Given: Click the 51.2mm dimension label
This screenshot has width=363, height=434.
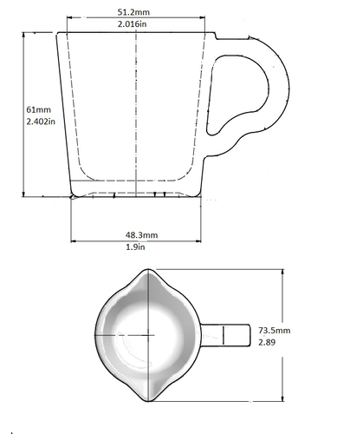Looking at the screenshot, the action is (133, 12).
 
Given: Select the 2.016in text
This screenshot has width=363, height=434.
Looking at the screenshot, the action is (132, 24).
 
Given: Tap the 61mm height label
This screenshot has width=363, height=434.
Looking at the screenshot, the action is (38, 109).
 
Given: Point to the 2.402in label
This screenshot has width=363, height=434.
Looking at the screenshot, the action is (41, 122).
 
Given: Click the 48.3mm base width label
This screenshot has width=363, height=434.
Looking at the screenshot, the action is (141, 235).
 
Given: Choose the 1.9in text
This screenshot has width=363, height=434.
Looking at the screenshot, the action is (135, 247).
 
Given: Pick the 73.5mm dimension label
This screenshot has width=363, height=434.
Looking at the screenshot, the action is (275, 331).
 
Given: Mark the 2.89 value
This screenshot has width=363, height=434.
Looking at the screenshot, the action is (267, 343).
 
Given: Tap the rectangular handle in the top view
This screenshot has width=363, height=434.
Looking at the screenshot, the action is (225, 335).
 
